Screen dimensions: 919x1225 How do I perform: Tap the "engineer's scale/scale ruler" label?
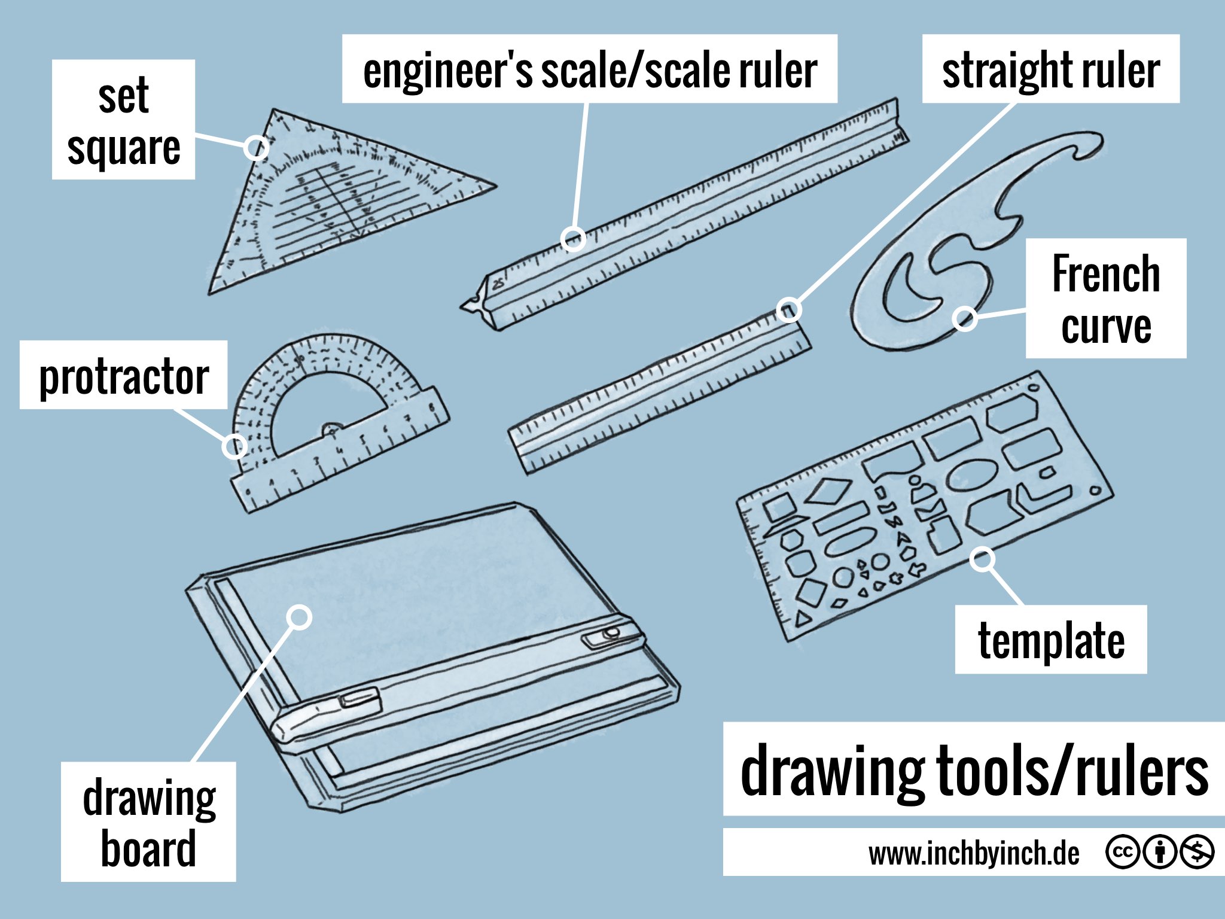coord(589,69)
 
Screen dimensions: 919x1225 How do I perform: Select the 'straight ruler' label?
coord(1050,69)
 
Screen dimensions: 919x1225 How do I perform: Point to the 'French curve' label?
coord(1105,299)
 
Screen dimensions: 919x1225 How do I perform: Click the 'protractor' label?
coord(123,376)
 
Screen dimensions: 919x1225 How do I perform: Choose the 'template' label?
coord(1050,640)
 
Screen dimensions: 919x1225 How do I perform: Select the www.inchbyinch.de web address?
coord(974,853)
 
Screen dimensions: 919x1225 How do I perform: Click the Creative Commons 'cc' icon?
coord(1122,851)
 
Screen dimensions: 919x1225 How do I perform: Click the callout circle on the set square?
coord(256,147)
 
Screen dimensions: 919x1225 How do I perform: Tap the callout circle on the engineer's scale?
coord(573,239)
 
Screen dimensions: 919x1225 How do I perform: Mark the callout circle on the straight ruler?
coord(789,310)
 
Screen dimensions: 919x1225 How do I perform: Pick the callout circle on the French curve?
coord(965,318)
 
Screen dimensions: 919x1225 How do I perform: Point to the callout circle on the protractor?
coord(234,446)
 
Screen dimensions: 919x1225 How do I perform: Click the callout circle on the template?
coord(982,559)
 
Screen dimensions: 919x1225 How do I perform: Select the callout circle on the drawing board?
coord(299,617)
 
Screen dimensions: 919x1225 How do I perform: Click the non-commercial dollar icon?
coord(1197,851)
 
